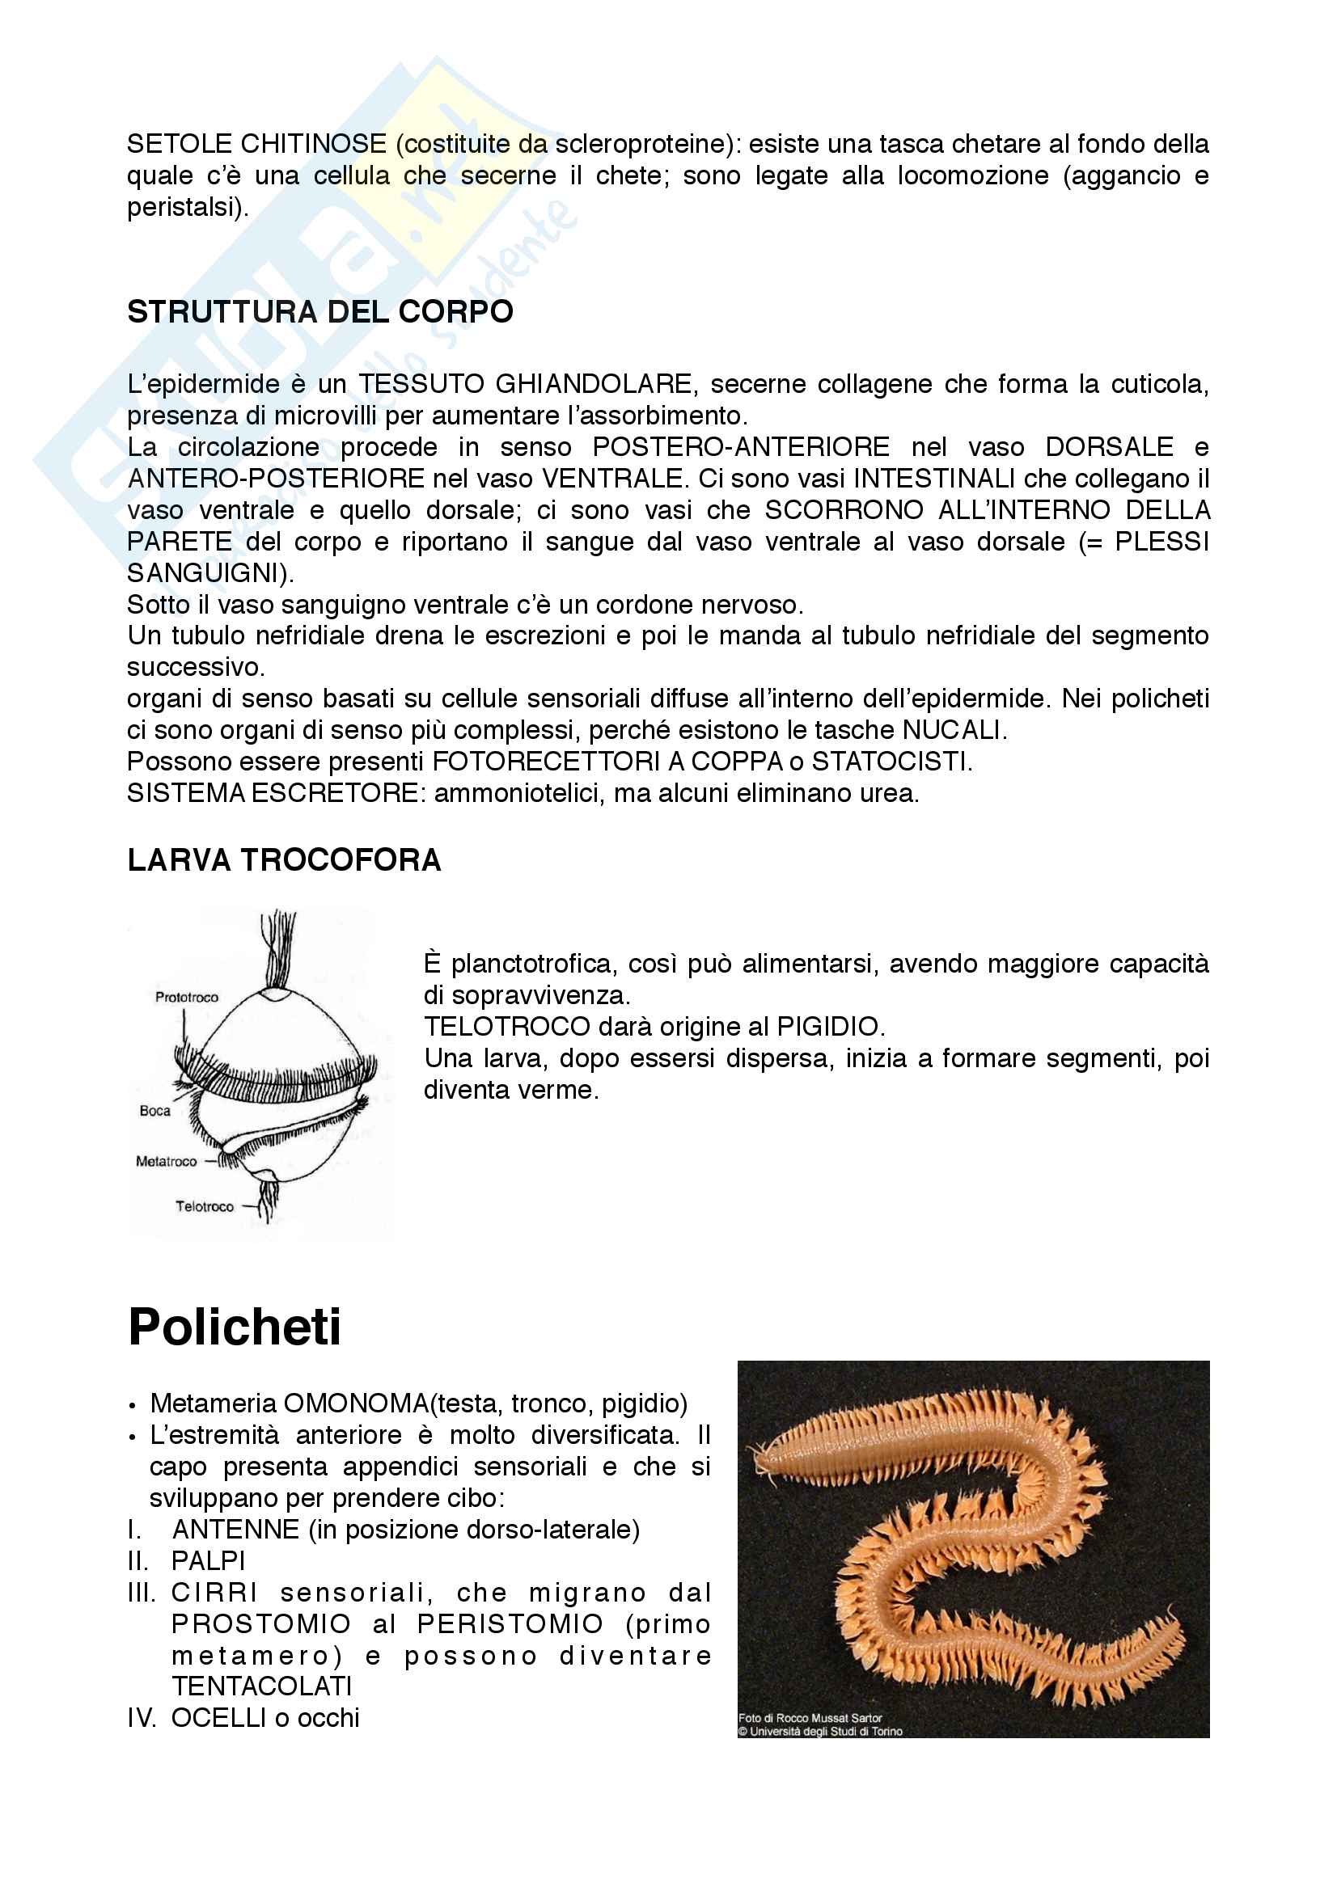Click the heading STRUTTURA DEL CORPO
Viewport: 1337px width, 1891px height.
tap(319, 312)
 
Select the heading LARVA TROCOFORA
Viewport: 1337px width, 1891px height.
tap(284, 861)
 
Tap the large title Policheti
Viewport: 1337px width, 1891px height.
tap(235, 1327)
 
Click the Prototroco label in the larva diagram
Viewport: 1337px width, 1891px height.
tap(187, 998)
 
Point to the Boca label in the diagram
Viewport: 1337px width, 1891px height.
tap(154, 1111)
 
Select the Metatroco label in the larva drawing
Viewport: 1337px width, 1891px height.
tap(167, 1161)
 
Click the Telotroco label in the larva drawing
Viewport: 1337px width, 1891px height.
tap(205, 1206)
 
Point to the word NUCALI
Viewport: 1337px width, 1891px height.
tap(952, 731)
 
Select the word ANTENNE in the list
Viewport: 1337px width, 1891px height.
tap(235, 1530)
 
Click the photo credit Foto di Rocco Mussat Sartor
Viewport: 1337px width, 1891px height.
tap(810, 1718)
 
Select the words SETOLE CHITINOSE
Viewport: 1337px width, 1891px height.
tap(256, 144)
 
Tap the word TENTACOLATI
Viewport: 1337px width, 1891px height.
tap(262, 1686)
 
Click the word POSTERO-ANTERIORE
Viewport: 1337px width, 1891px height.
tap(741, 447)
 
